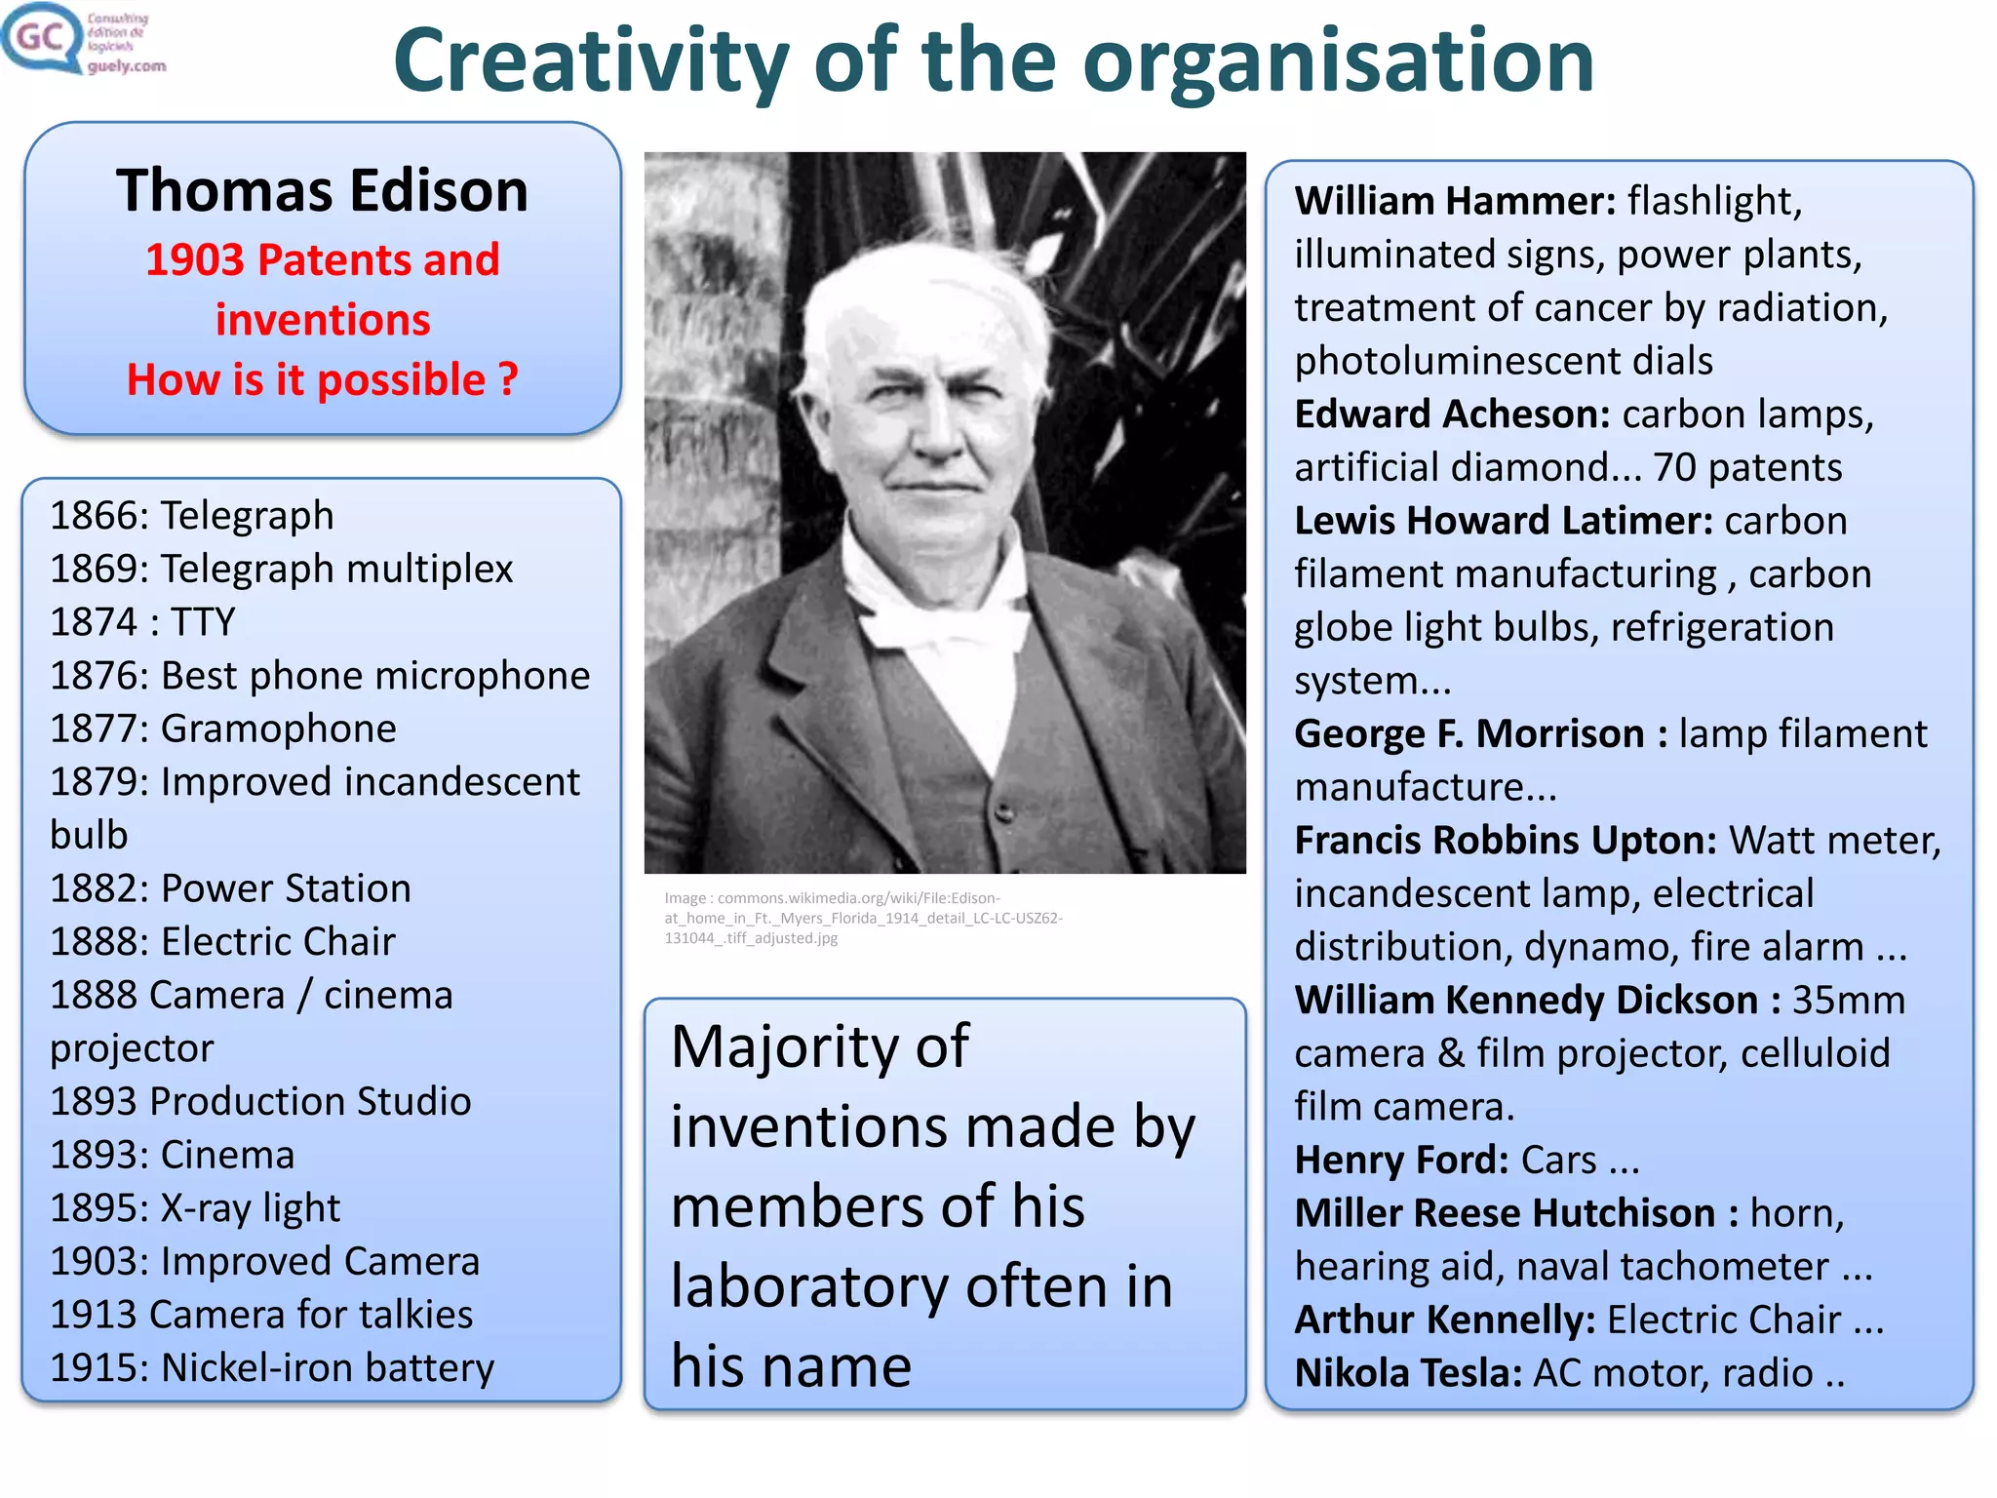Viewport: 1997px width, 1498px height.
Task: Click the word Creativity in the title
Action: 590,60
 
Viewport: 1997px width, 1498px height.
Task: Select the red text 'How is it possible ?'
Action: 322,379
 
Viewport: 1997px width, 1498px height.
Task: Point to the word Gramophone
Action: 279,729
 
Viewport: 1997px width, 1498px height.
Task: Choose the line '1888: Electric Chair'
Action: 222,941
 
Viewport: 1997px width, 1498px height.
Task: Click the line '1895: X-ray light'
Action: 195,1208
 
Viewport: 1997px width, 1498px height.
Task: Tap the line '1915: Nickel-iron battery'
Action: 272,1367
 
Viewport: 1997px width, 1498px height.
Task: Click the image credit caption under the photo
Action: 863,918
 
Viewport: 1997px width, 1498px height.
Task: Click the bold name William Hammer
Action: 1454,201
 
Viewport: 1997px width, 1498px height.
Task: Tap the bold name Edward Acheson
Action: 1451,414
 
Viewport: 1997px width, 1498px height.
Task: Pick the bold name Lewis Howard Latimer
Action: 1503,521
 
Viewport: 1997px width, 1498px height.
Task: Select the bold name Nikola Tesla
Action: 1408,1373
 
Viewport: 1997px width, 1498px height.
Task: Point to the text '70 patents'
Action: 1747,467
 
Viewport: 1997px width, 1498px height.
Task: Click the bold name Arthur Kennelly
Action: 1444,1320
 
